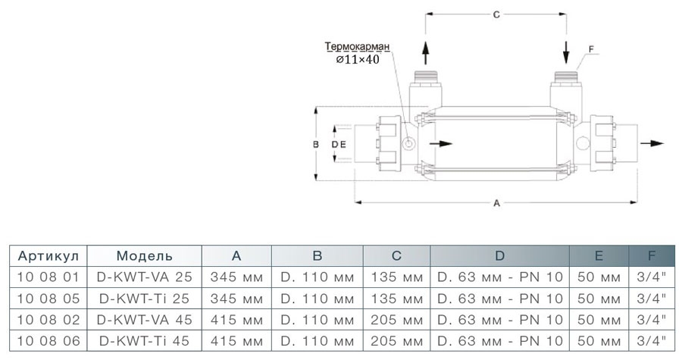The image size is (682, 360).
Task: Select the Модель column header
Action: [x=145, y=256]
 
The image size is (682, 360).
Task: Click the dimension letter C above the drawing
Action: [x=496, y=14]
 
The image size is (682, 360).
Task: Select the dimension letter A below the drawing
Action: [x=496, y=203]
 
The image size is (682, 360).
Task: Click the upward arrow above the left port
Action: [x=426, y=52]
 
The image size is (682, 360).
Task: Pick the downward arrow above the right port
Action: [x=566, y=52]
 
